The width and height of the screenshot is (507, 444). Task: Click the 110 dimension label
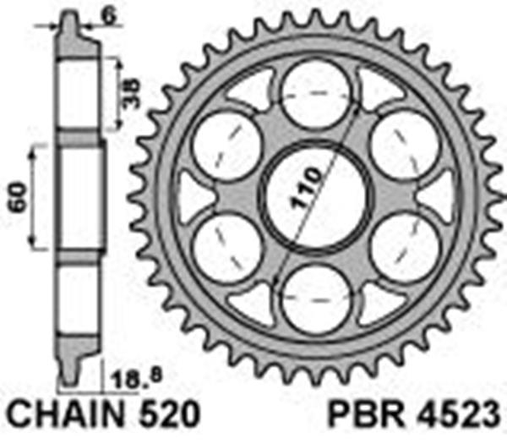(x=307, y=188)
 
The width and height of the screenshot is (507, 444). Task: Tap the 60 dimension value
(x=18, y=197)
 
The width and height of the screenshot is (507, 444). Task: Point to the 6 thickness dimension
(x=109, y=15)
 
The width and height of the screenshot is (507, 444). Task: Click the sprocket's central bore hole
(x=315, y=196)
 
